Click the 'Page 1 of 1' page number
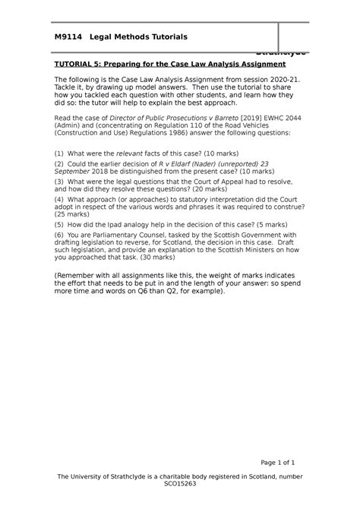277,462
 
